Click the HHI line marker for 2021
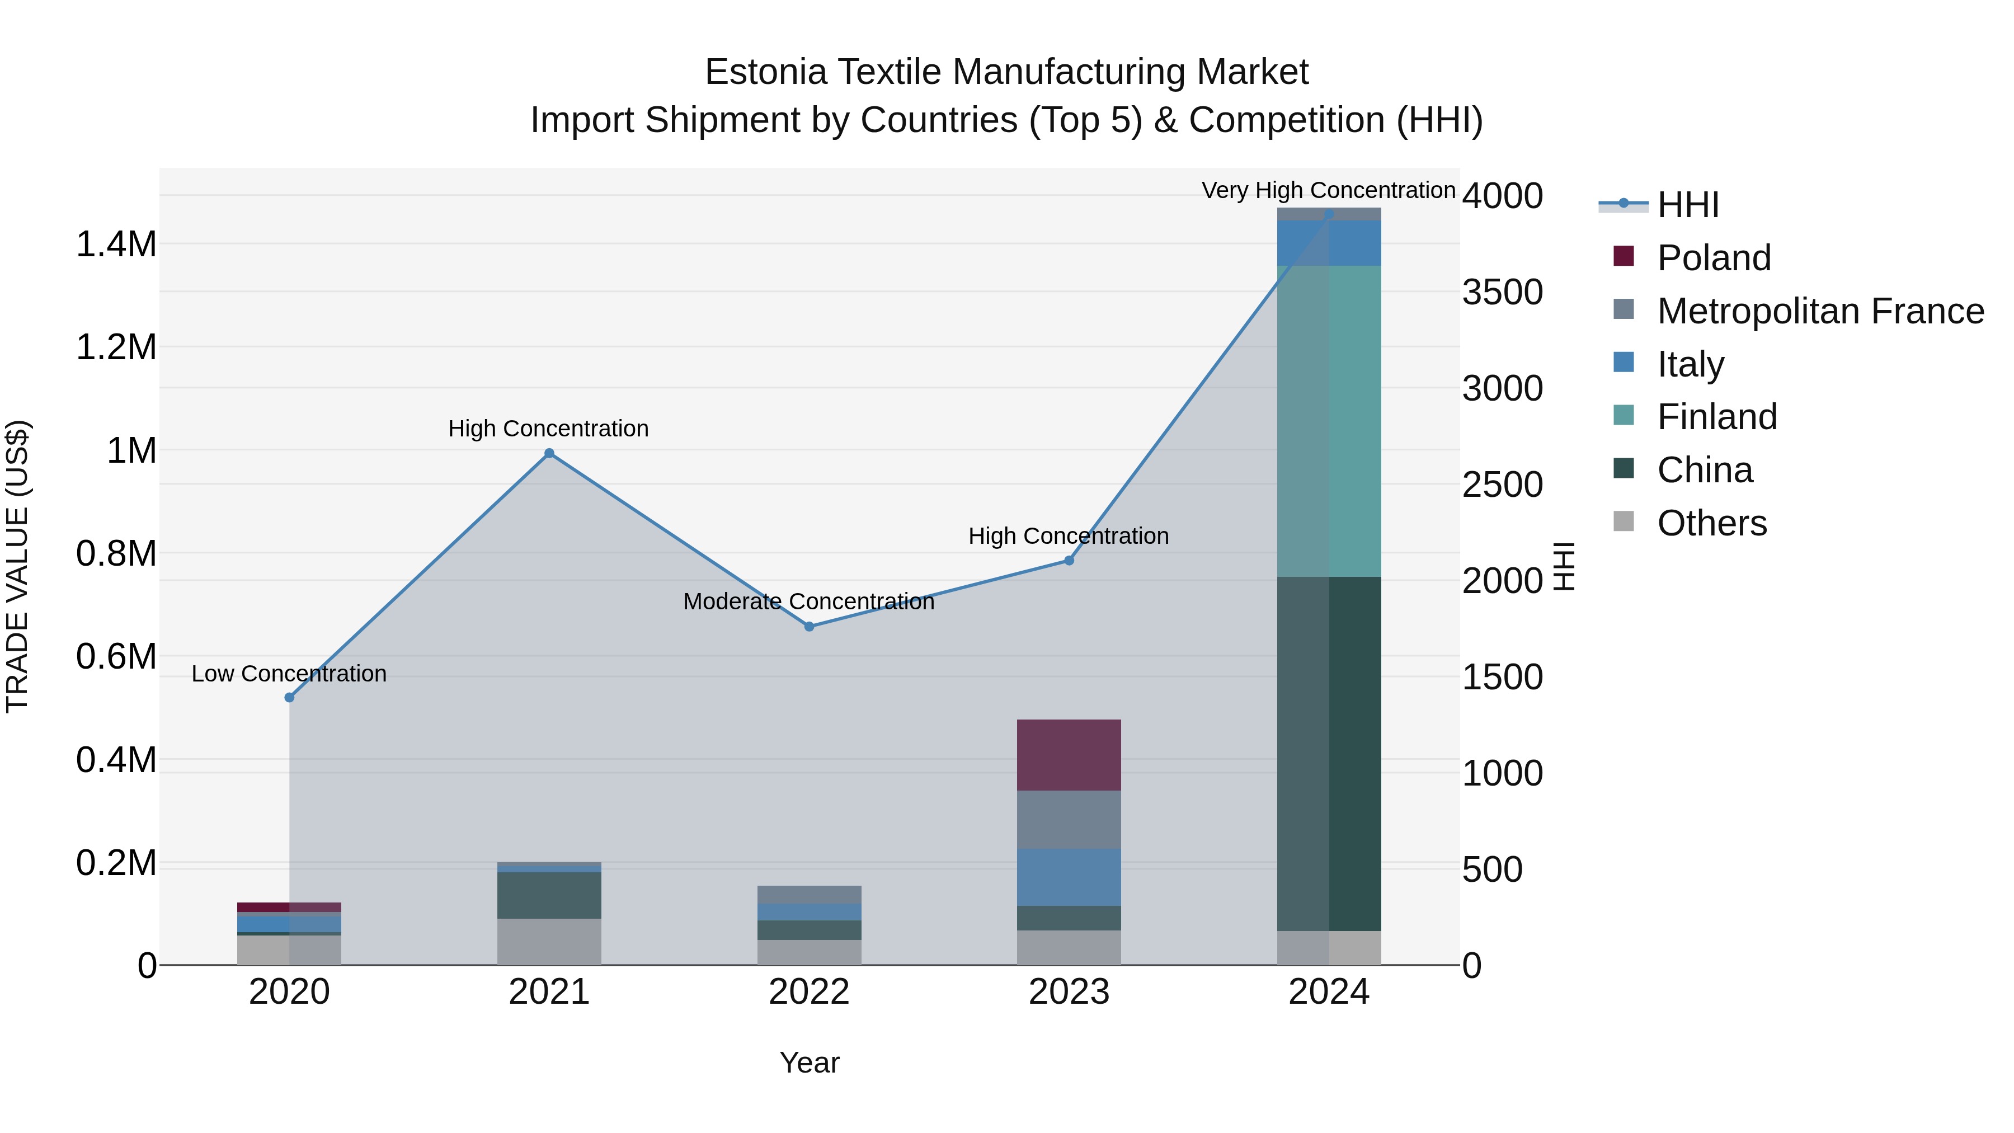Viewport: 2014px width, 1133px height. click(549, 454)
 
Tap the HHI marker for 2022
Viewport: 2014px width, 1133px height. click(809, 626)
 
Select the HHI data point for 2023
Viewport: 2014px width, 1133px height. click(1069, 561)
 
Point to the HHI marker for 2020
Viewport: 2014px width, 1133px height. click(289, 698)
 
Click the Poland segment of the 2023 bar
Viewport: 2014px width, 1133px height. click(1069, 755)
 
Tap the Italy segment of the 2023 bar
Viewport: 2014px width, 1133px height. click(1069, 877)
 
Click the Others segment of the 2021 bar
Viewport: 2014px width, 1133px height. click(549, 942)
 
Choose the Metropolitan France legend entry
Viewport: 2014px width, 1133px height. click(1820, 311)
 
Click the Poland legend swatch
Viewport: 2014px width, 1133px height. click(1624, 256)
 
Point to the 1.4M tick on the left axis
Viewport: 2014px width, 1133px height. click(116, 244)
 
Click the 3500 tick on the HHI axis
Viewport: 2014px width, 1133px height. click(1502, 293)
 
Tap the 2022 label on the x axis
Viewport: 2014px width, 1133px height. click(809, 992)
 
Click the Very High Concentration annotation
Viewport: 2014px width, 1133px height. click(1328, 190)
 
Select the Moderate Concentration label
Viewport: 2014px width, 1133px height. click(808, 601)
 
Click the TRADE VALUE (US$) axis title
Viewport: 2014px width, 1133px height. click(18, 566)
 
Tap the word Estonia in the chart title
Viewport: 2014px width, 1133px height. click(765, 72)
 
